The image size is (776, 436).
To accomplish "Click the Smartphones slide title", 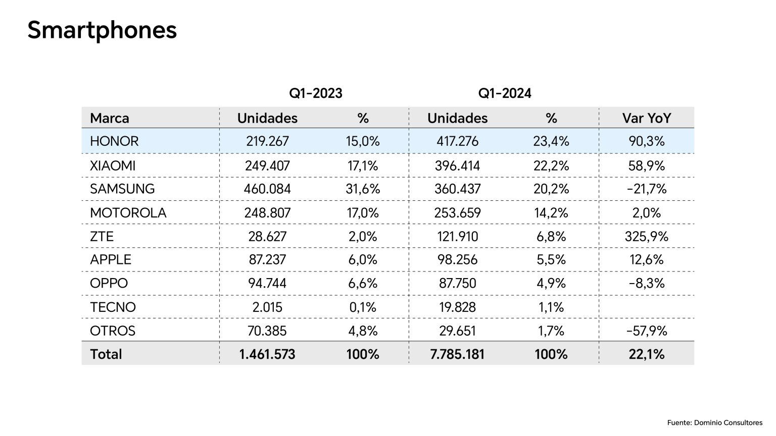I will tap(102, 30).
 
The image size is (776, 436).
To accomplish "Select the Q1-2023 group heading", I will tap(315, 93).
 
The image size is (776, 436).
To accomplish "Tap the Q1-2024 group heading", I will tap(505, 93).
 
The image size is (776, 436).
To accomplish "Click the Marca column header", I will tap(110, 118).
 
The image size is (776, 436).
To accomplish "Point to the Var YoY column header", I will tap(646, 118).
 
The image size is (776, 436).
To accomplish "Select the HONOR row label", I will tap(114, 141).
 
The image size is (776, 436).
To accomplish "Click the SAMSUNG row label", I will tap(122, 189).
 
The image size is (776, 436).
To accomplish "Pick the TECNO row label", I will tap(113, 307).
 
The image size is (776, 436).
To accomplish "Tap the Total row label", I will tap(106, 354).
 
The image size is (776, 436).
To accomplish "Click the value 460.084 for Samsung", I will tap(267, 189).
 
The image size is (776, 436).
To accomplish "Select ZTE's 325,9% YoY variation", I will tap(646, 236).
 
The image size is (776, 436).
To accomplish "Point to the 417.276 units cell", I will tap(457, 141).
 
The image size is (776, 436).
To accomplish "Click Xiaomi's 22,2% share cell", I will tap(551, 166).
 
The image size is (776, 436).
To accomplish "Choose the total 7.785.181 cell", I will tap(457, 354).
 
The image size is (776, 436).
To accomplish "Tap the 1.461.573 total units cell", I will tap(267, 354).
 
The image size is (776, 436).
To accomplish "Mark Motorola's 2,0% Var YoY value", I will tap(646, 212).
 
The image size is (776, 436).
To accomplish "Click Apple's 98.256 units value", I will tap(457, 260).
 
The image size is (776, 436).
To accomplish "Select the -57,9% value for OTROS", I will tap(646, 331).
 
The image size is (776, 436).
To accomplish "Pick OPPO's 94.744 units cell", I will tap(267, 283).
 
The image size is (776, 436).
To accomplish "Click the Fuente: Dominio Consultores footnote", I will tap(714, 422).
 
